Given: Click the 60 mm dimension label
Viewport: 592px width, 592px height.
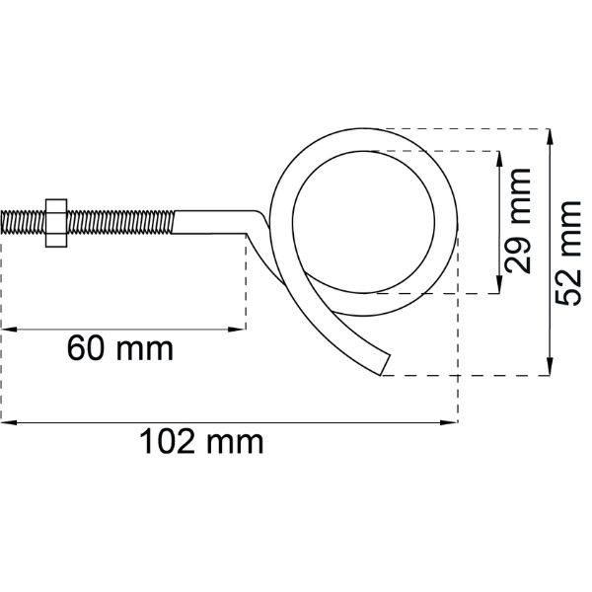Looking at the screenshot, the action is (120, 349).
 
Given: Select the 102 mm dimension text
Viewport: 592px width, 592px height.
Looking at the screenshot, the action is (201, 442).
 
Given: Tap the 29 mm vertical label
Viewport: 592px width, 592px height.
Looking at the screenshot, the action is (518, 221).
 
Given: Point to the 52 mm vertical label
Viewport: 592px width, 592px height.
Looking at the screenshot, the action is (568, 253).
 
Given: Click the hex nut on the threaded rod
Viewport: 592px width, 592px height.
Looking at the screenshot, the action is (56, 223).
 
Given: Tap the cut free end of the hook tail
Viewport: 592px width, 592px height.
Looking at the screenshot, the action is (385, 365).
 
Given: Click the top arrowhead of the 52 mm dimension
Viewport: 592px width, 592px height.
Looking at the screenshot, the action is (550, 137).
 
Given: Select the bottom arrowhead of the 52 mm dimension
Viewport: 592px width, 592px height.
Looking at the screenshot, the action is (550, 367).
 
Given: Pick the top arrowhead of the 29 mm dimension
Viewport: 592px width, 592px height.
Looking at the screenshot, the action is (499, 159).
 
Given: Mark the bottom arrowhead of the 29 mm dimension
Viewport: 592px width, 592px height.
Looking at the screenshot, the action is (499, 285).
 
